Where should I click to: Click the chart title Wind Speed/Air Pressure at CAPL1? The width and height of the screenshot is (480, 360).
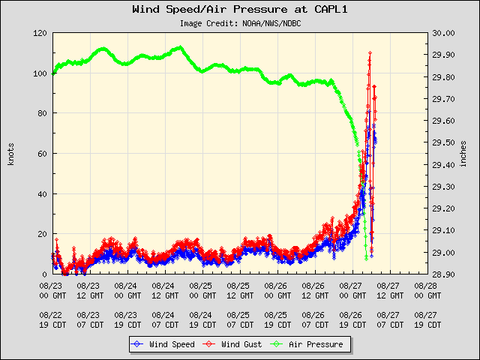click(239, 10)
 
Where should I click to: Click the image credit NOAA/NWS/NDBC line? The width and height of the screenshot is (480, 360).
click(241, 23)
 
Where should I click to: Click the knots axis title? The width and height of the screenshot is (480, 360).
click(11, 153)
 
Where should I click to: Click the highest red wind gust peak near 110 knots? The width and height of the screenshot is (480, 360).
click(370, 52)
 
